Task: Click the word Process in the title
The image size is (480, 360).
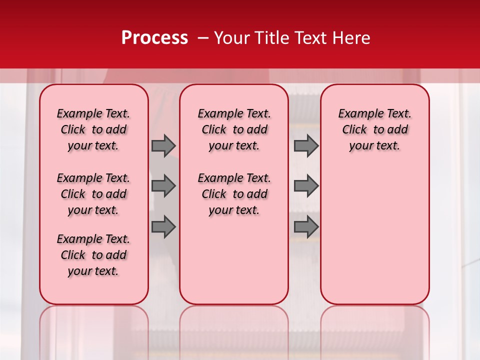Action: pyautogui.click(x=154, y=38)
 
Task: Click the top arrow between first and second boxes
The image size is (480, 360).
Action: pyautogui.click(x=163, y=145)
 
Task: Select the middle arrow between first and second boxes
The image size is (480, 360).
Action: pyautogui.click(x=163, y=186)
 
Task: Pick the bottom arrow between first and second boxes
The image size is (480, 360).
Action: pyautogui.click(x=163, y=227)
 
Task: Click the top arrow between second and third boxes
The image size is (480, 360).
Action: pyautogui.click(x=306, y=145)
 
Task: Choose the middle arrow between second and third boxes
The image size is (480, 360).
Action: pyautogui.click(x=306, y=186)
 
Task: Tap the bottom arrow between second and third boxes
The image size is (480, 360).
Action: pyautogui.click(x=306, y=227)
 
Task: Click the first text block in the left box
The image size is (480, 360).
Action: pyautogui.click(x=93, y=129)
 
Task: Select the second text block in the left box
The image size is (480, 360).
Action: pyautogui.click(x=93, y=194)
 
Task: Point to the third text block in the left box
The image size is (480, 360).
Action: pyautogui.click(x=93, y=255)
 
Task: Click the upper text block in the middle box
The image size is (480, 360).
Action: pyautogui.click(x=234, y=129)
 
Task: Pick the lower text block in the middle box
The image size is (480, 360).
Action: pyautogui.click(x=234, y=194)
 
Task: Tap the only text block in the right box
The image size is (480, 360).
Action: pyautogui.click(x=374, y=129)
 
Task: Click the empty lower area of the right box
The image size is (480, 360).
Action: pyautogui.click(x=374, y=235)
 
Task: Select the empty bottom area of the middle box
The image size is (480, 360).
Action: pyautogui.click(x=234, y=265)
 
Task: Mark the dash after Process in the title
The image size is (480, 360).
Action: pyautogui.click(x=203, y=38)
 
